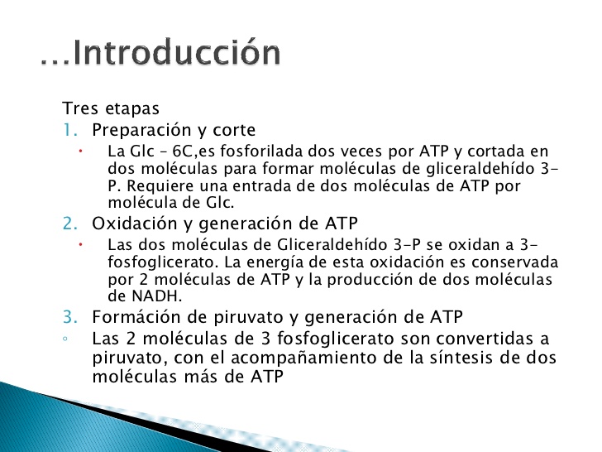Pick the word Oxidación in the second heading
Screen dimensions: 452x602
pos(128,224)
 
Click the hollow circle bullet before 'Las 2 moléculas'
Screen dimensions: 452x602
pos(75,339)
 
